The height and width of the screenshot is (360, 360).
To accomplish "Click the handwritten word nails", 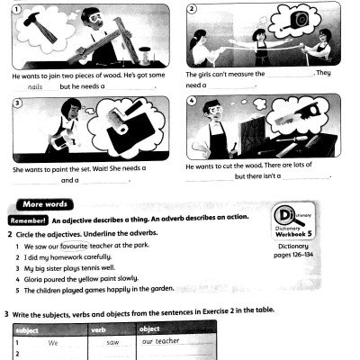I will coord(35,86).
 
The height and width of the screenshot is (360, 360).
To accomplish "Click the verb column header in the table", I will coord(112,329).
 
